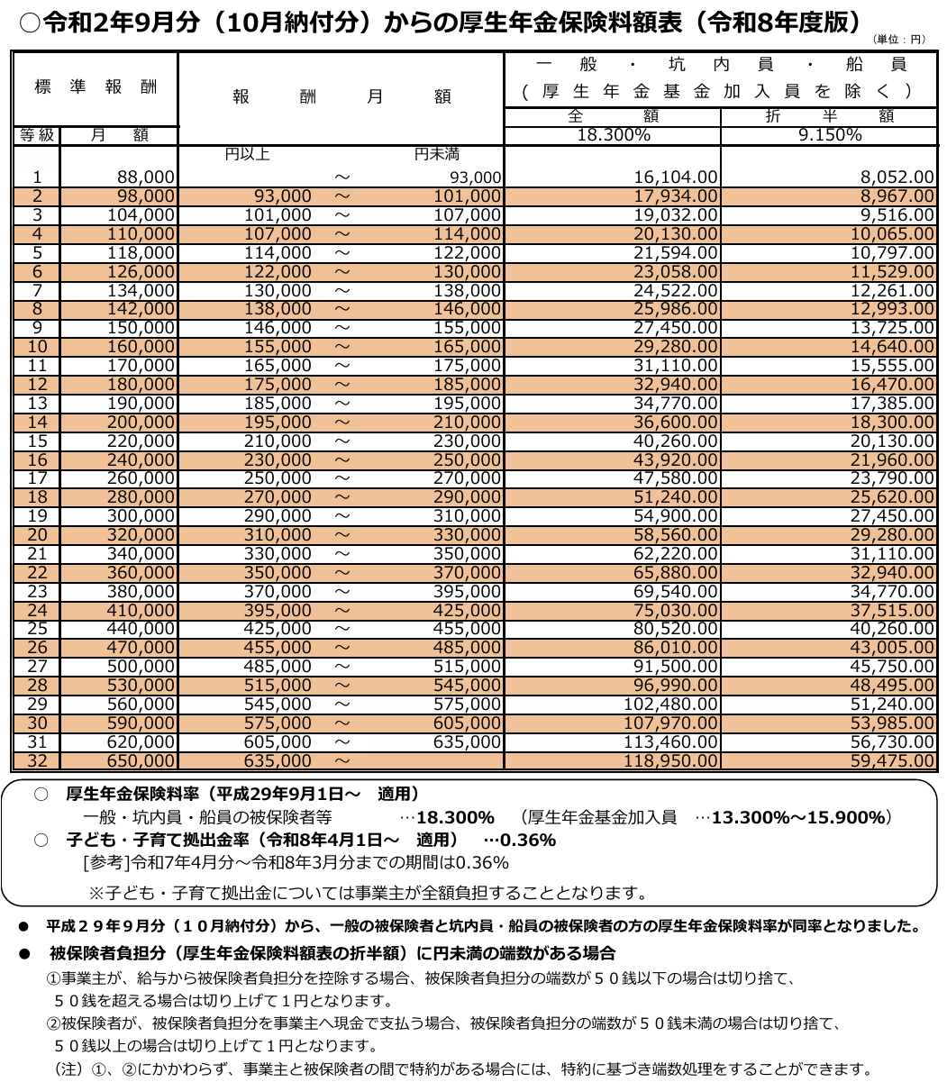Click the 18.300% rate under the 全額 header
point(613,135)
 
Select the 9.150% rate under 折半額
point(829,135)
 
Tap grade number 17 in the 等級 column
point(37,478)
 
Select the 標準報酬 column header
point(96,87)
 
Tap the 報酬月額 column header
point(341,96)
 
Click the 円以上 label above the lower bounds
point(247,154)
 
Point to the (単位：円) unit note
point(899,40)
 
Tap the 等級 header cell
point(37,135)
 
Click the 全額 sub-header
point(613,116)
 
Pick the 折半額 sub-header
point(829,116)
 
